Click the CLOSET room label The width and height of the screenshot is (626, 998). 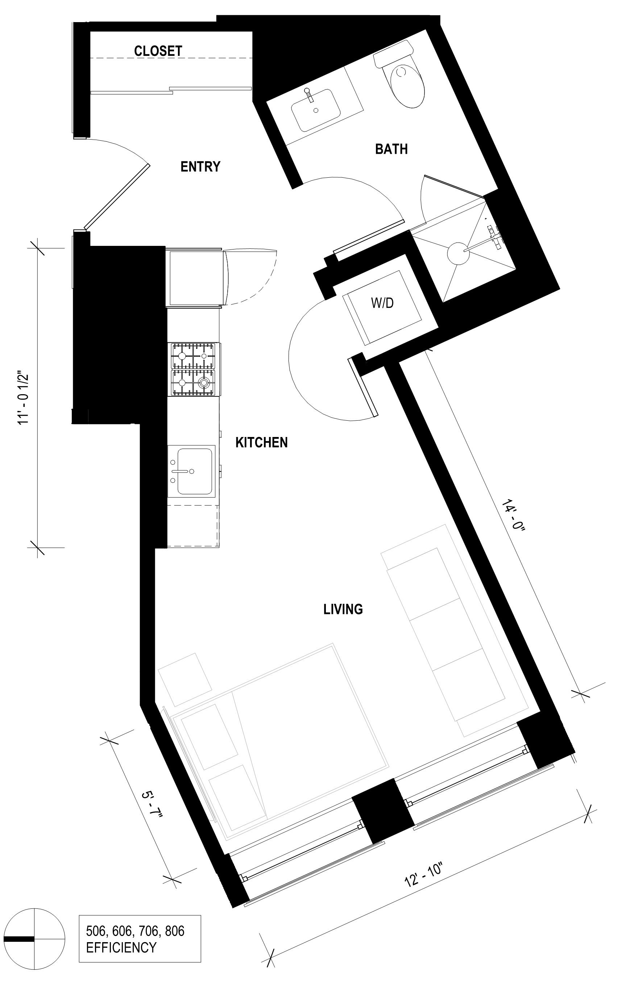pyautogui.click(x=158, y=51)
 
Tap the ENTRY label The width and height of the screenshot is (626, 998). pyautogui.click(x=200, y=166)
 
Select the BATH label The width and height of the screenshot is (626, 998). pyautogui.click(x=391, y=149)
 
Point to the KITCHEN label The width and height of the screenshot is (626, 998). pyautogui.click(x=261, y=442)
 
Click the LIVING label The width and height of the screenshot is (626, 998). pyautogui.click(x=343, y=609)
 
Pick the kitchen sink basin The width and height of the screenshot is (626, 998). pyautogui.click(x=194, y=471)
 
